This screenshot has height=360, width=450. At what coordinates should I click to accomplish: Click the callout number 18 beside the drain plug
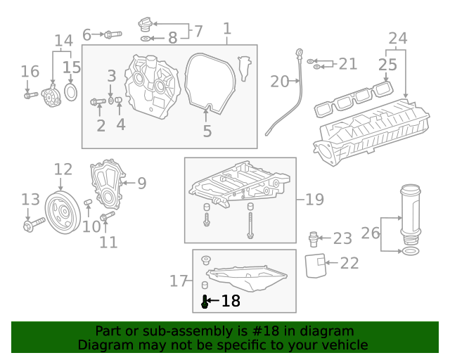point(231,302)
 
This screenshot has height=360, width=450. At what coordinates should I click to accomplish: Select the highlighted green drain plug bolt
point(205,302)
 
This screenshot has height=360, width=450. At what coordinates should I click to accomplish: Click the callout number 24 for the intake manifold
point(397,38)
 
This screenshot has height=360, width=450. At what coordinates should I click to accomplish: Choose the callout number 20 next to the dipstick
point(280,82)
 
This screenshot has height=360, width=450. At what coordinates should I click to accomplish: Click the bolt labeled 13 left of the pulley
point(31,225)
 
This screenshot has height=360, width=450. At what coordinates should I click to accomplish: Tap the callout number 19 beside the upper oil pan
point(314,200)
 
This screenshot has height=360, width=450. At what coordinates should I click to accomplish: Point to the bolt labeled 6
point(112,34)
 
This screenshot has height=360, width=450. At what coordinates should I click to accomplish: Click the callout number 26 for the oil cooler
point(371,233)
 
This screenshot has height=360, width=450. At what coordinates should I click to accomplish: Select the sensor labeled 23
point(315,238)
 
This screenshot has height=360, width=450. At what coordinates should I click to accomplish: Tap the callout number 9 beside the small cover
point(141,184)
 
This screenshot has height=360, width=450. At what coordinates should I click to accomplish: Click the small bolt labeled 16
point(30,95)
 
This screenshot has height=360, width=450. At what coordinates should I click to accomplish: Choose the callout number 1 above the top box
point(226,29)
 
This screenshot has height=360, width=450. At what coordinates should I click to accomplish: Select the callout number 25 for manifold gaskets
point(387,65)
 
